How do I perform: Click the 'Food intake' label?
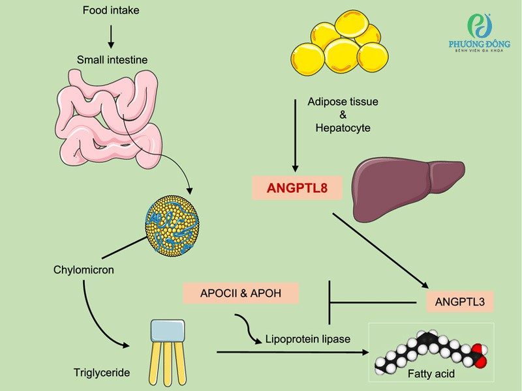click(111, 10)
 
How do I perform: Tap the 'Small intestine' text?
click(112, 60)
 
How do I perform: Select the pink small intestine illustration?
click(108, 117)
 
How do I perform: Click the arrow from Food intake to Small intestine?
click(111, 35)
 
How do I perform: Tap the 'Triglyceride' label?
click(102, 373)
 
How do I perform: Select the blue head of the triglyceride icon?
click(169, 331)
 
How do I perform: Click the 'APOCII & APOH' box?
click(241, 293)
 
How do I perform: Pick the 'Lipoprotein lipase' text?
click(308, 339)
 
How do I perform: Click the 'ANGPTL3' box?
click(459, 302)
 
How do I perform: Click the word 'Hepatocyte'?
click(343, 128)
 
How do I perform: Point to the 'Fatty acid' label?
click(431, 374)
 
